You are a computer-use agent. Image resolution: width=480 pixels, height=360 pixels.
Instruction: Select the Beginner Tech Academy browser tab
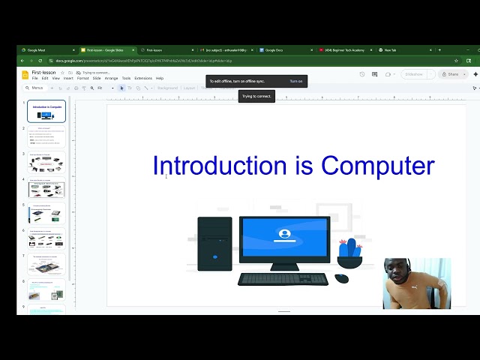pos(345,50)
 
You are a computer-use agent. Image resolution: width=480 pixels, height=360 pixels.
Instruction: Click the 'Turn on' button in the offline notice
pos(296,81)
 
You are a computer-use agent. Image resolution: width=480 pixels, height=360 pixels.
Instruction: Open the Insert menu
pos(68,78)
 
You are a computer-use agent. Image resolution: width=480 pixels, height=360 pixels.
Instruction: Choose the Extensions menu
pos(142,78)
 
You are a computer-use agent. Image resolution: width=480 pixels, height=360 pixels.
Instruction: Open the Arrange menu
pos(111,78)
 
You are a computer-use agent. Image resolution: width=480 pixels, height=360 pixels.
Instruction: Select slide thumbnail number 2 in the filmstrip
pos(46,137)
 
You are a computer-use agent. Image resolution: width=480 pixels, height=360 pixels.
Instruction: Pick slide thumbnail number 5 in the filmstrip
pos(46,214)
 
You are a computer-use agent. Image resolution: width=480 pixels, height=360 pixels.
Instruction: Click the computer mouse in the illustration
pos(341,278)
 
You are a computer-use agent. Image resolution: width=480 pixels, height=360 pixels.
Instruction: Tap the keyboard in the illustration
pos(283,279)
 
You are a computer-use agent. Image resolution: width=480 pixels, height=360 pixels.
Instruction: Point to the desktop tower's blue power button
pos(214,257)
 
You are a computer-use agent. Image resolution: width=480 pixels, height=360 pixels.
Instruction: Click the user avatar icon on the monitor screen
pos(284,234)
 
